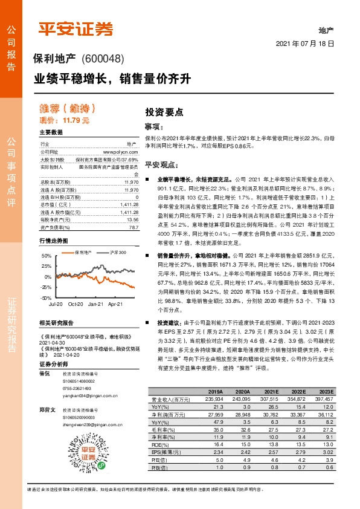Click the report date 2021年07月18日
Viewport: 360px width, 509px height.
point(306,45)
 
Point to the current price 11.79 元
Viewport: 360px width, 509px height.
point(77,121)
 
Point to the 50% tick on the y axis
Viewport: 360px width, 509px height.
point(45,240)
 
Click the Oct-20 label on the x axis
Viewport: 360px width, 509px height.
point(75,288)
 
